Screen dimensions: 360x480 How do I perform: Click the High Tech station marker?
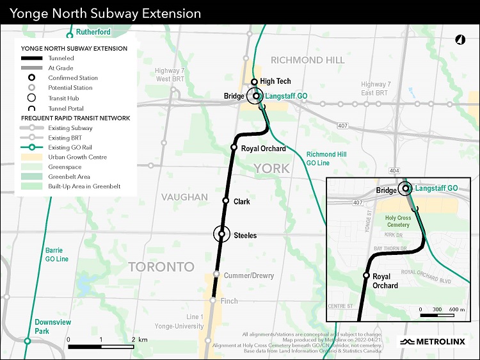click(254, 82)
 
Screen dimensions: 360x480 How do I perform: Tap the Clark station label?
click(242, 202)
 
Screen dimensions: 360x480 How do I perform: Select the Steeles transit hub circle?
click(221, 234)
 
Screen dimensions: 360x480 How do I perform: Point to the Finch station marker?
click(213, 300)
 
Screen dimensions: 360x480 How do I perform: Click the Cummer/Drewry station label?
click(248, 276)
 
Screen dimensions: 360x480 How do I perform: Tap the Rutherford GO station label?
click(93, 32)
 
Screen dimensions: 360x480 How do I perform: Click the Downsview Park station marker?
click(28, 341)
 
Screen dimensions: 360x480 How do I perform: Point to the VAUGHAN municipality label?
click(184, 197)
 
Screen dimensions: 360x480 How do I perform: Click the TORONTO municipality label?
click(161, 266)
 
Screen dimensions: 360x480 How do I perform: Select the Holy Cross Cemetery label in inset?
click(398, 222)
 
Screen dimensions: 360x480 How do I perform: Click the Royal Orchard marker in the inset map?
click(366, 275)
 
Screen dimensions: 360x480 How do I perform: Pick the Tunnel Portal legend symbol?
click(31, 108)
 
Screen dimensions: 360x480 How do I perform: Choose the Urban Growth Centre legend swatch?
click(31, 157)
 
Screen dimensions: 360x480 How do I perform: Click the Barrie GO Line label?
click(57, 254)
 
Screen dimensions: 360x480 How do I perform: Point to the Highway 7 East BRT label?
click(374, 89)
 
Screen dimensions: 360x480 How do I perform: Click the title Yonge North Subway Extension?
click(106, 13)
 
